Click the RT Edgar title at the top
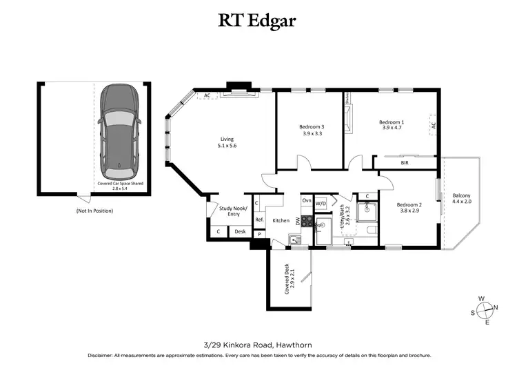(x=258, y=20)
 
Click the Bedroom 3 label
(x=311, y=127)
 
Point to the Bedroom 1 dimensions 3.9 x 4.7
(x=392, y=128)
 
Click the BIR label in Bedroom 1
(x=405, y=164)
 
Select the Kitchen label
(x=281, y=220)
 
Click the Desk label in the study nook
(x=240, y=231)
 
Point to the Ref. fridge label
(x=259, y=220)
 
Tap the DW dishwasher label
(x=298, y=221)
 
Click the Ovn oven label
(x=306, y=200)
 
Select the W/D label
(x=321, y=204)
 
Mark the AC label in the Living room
(x=207, y=95)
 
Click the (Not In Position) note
(x=94, y=210)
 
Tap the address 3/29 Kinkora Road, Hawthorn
(x=258, y=343)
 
